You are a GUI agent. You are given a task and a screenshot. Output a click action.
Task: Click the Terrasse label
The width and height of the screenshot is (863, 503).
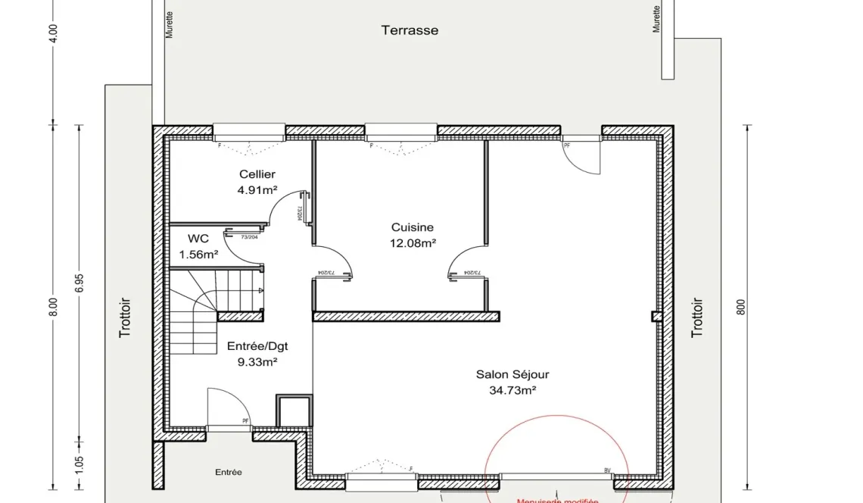click(x=410, y=31)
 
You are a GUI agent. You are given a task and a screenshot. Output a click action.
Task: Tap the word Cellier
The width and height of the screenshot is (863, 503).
click(x=257, y=174)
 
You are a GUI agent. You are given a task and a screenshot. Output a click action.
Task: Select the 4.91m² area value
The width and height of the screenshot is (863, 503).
click(x=257, y=190)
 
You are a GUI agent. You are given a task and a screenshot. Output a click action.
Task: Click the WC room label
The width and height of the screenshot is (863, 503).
click(x=198, y=238)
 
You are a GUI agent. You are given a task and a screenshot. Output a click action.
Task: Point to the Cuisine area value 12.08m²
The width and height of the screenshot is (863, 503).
click(x=412, y=243)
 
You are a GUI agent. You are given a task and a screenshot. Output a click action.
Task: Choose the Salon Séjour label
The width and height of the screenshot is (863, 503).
click(x=512, y=374)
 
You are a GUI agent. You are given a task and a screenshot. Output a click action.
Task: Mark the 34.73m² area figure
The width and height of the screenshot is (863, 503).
click(x=512, y=390)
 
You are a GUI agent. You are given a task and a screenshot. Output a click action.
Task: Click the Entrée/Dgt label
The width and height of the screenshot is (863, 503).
click(x=257, y=346)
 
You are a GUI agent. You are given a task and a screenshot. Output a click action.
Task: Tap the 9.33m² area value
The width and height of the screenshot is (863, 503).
click(x=257, y=362)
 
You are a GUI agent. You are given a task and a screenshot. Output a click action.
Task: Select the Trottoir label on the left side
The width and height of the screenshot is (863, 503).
click(x=126, y=317)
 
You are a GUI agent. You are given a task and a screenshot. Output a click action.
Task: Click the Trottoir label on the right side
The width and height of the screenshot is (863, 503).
click(x=697, y=317)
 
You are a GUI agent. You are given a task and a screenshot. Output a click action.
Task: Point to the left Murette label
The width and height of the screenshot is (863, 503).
click(x=170, y=24)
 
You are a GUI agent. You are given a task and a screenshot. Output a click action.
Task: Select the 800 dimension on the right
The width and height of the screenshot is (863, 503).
click(x=742, y=306)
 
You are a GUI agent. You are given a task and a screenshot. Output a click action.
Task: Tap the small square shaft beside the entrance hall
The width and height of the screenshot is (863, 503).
click(x=294, y=411)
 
